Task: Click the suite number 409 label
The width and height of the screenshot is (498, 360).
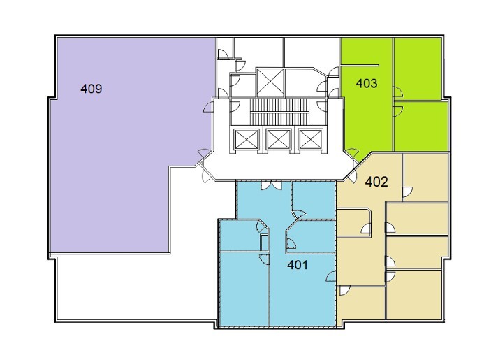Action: coord(91,89)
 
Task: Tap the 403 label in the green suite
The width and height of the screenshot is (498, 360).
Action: coord(367,83)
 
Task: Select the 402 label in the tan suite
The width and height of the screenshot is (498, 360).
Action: coord(376,182)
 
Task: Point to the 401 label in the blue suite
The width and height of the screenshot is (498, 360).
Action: coord(298,265)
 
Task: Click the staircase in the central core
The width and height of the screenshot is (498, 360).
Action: coord(279,112)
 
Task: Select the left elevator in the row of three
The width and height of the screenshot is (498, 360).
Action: coord(246,140)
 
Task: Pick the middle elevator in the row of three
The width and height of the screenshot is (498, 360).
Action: coord(279,140)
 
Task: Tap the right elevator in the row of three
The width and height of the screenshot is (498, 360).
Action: coord(311,140)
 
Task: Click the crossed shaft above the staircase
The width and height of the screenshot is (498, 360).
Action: coord(270,82)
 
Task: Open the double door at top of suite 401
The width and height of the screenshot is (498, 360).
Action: coord(271,185)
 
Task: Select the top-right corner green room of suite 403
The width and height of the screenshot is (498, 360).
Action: coord(418,69)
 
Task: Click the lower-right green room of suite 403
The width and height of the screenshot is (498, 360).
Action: coord(421,126)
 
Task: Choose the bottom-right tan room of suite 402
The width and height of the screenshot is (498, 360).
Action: coord(413,294)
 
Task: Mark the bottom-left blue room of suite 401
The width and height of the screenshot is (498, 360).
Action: coord(244,289)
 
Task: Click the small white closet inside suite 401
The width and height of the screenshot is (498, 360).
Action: coord(264,243)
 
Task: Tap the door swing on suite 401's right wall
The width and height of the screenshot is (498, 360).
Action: coord(331,276)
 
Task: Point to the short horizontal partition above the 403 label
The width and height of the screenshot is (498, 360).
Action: coord(360,66)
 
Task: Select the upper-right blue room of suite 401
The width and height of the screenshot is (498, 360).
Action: coord(313,199)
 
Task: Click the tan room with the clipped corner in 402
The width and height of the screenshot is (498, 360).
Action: coord(353,222)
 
